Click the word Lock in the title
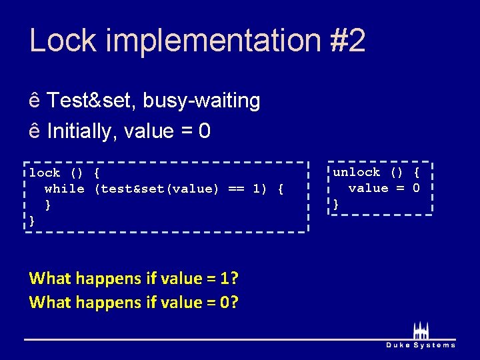[x=63, y=40]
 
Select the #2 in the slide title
[x=347, y=40]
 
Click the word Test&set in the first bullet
[x=91, y=101]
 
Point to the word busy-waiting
[x=201, y=101]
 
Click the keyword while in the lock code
[x=65, y=189]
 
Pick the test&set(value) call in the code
[x=157, y=189]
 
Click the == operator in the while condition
[x=236, y=189]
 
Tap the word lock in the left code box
[x=45, y=173]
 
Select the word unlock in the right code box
[x=357, y=172]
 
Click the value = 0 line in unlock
[x=384, y=188]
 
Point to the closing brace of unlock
[x=336, y=204]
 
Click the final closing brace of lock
[x=32, y=221]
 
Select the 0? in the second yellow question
[x=230, y=302]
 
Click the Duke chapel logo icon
[x=421, y=331]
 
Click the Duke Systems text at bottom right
[x=421, y=345]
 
